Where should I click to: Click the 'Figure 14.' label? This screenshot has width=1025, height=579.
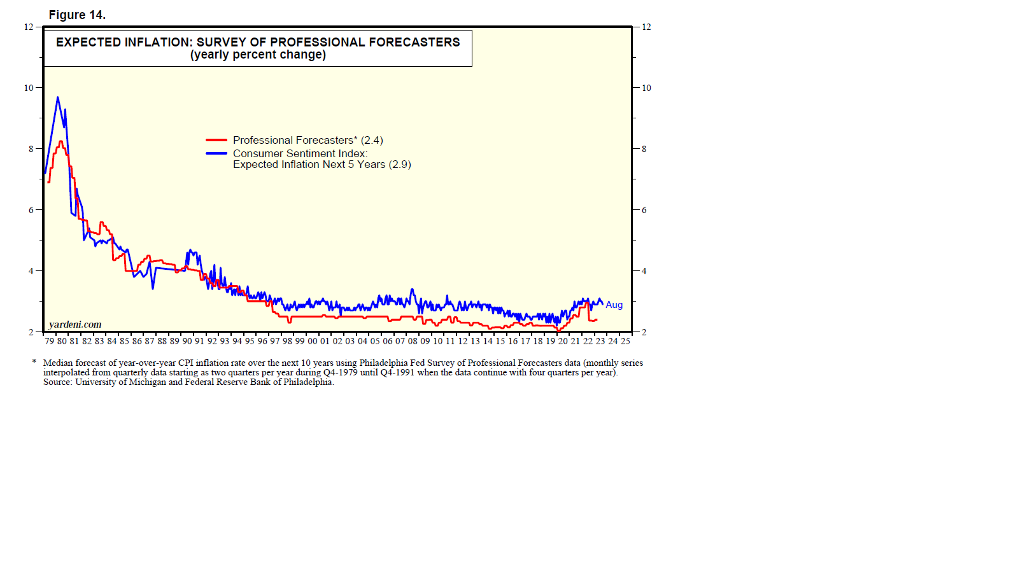tap(77, 15)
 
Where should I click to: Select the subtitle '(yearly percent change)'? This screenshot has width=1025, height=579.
tap(258, 55)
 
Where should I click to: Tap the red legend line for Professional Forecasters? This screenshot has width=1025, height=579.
tap(216, 140)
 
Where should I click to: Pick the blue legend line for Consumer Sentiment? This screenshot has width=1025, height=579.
tap(216, 153)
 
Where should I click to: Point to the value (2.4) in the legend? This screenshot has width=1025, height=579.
tap(372, 140)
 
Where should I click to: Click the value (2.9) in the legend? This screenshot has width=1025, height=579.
tap(400, 164)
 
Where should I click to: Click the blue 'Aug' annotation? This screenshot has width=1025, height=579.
tap(614, 305)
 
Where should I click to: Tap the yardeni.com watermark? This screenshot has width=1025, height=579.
tap(75, 324)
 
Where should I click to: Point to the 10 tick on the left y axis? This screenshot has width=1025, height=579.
tap(29, 88)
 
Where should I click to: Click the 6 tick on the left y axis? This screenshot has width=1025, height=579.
tap(31, 210)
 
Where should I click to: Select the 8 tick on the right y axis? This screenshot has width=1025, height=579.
tap(644, 149)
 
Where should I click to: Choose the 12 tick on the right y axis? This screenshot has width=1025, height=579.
tap(646, 27)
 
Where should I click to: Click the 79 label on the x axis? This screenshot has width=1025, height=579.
tap(49, 341)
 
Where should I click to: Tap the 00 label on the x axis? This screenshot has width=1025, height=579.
tap(312, 341)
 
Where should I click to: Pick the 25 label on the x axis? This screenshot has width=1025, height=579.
tap(625, 341)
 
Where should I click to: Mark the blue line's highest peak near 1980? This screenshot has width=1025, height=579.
tap(58, 97)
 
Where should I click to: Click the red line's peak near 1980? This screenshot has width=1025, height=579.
tap(61, 141)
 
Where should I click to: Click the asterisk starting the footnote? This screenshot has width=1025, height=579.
tap(34, 362)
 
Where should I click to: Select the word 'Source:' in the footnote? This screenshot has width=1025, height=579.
tap(58, 382)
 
